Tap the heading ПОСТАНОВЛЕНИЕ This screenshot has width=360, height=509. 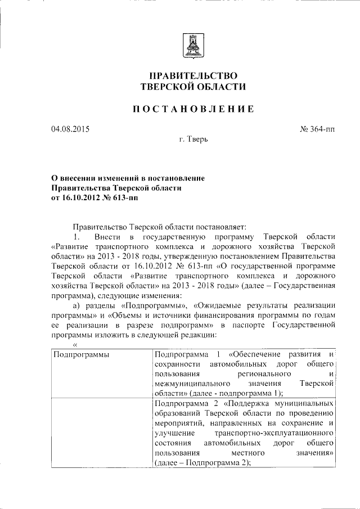click(193, 109)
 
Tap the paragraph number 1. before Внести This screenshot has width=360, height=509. click(78, 236)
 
